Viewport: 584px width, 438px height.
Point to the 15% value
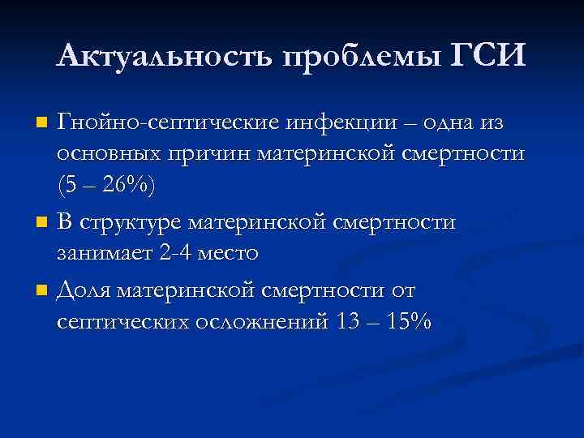(410, 320)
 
